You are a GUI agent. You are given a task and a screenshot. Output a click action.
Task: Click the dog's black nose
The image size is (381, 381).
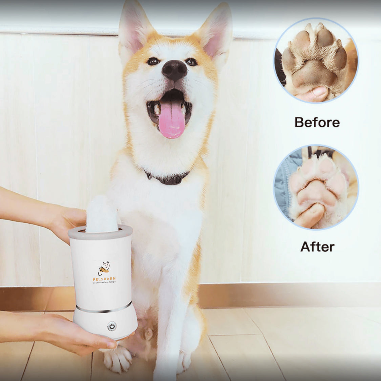[174, 69]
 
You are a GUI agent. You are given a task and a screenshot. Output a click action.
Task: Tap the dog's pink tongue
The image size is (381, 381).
[172, 120]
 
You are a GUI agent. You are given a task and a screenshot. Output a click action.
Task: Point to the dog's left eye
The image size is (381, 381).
[191, 62]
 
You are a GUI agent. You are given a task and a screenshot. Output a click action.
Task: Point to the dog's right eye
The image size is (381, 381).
[153, 61]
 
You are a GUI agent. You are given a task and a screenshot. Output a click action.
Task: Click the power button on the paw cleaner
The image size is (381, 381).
[111, 326]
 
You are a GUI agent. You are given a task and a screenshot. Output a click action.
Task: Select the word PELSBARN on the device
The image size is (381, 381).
[104, 279]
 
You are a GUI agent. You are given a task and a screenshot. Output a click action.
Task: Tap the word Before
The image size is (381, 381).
[317, 122]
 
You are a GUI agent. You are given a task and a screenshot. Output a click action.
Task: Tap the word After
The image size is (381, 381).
[317, 247]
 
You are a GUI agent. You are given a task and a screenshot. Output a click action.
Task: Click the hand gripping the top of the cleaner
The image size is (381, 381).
[68, 220]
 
